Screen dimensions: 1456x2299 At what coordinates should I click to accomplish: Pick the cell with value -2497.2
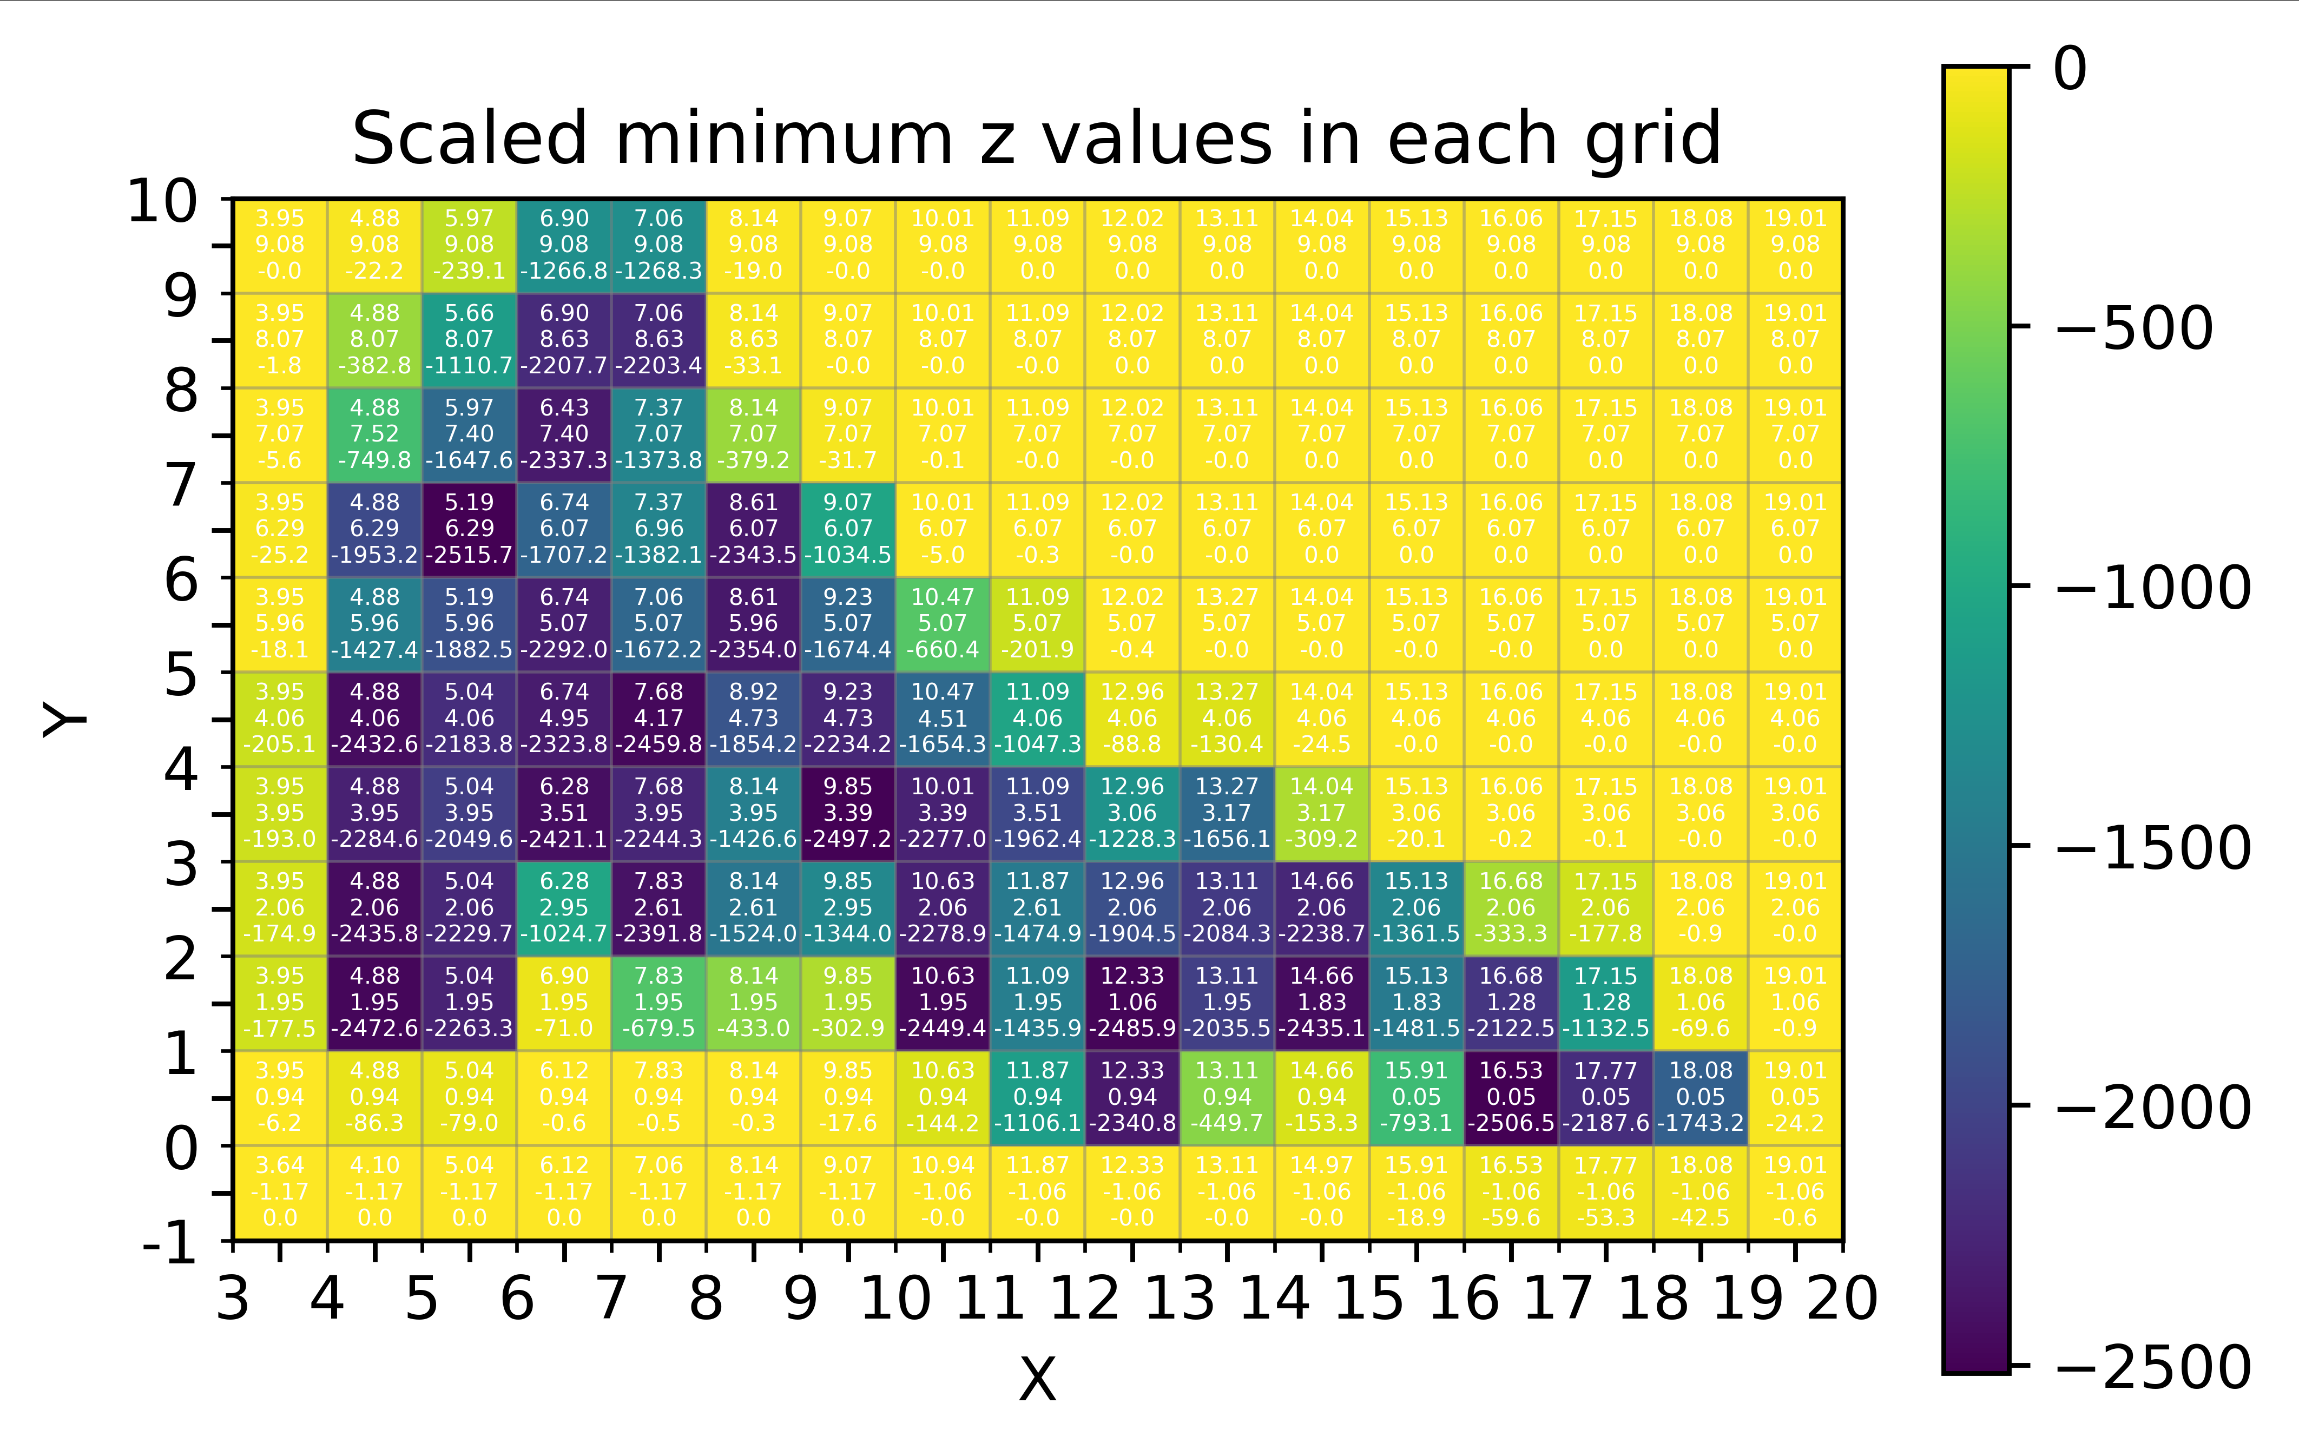coord(848,813)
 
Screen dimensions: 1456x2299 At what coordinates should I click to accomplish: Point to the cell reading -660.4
coord(943,623)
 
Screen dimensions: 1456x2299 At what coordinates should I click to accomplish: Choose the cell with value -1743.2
coord(1701,1097)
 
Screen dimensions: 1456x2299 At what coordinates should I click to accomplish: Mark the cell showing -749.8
coord(374,434)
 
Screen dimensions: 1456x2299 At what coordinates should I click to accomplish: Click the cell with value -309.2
coord(1321,813)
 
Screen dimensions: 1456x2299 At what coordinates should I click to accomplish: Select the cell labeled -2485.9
coord(1132,1003)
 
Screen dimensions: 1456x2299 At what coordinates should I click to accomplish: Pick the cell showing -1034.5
coord(848,529)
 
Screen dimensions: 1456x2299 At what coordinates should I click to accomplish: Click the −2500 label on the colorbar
coord(2153,1367)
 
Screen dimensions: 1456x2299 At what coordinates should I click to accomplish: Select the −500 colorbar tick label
coord(2134,328)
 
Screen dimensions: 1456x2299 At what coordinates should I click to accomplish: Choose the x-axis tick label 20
coord(1842,1299)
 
